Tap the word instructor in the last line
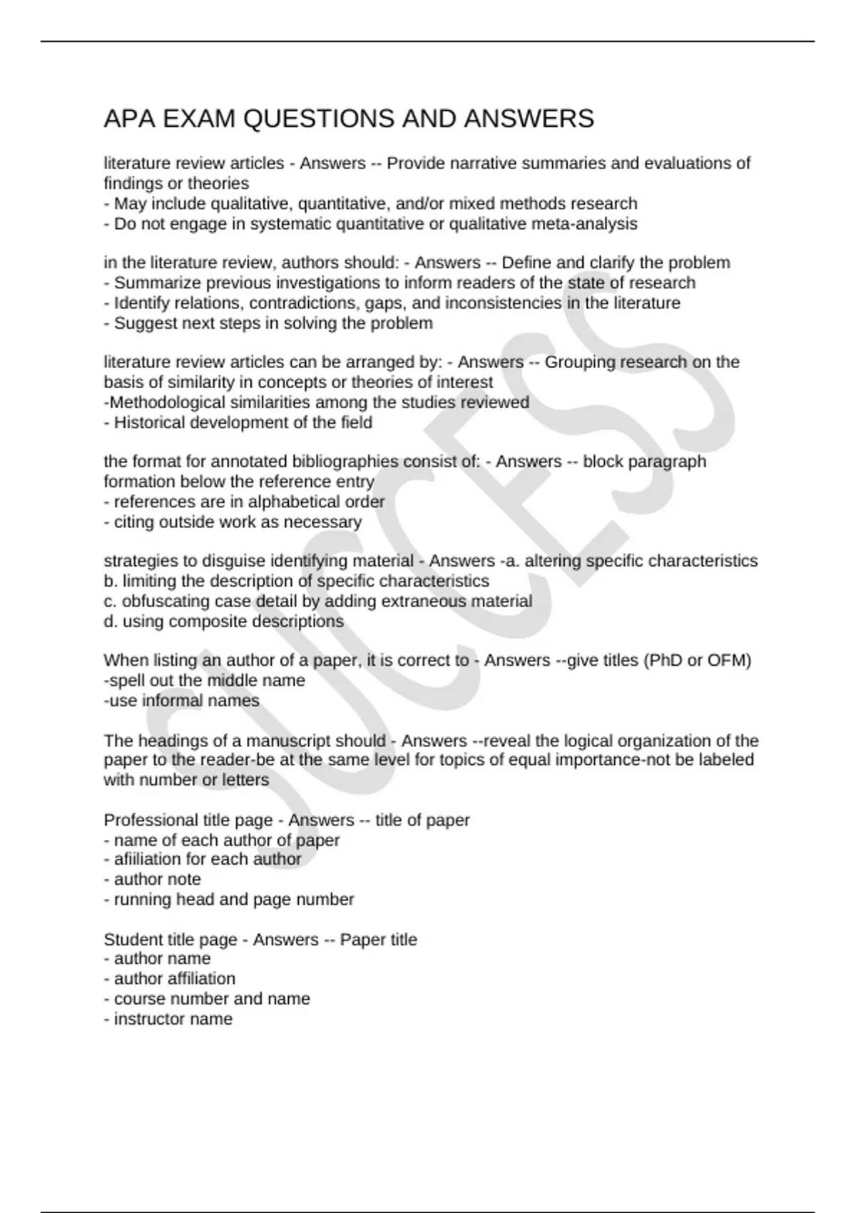click(x=146, y=1019)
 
